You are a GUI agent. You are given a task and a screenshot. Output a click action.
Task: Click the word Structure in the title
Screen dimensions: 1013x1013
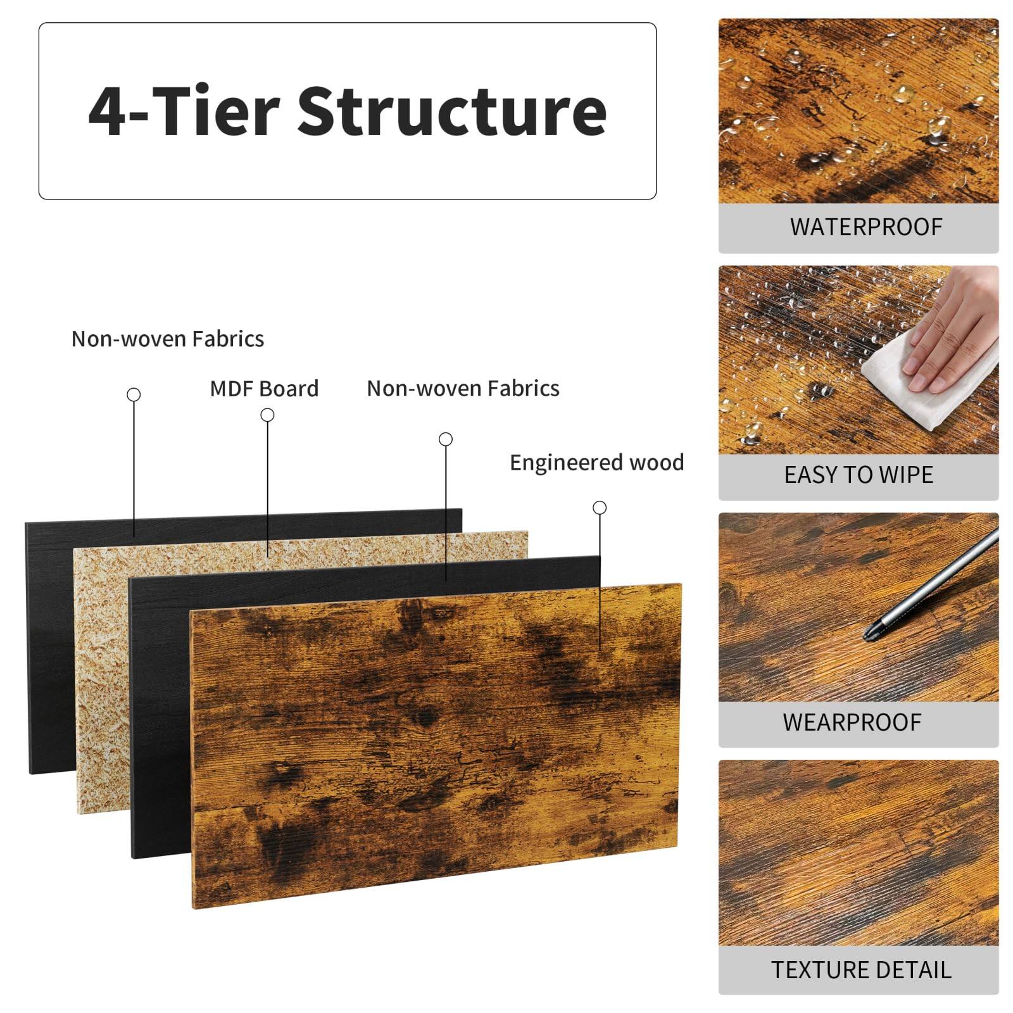452,111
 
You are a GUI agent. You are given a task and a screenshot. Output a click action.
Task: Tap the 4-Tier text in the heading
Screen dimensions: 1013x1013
184,111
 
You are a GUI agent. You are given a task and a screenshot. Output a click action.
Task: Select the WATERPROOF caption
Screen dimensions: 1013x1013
865,227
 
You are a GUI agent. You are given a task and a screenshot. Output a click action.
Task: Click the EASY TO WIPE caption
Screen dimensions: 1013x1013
858,475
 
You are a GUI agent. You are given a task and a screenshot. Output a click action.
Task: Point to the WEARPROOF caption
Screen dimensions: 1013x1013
852,722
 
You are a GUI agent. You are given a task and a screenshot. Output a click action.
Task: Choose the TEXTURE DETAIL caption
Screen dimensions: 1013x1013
860,970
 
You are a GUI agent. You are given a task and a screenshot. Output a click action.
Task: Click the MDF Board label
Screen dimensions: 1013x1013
264,389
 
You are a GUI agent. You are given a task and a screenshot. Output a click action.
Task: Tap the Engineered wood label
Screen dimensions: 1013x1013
596,463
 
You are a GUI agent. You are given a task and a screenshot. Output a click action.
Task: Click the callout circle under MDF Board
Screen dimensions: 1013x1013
267,415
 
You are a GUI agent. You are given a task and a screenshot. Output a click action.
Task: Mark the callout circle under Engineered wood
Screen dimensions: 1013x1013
600,508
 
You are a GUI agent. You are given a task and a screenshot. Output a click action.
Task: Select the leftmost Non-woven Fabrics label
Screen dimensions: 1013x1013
167,339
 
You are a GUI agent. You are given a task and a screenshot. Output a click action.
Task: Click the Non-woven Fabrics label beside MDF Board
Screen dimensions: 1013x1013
463,389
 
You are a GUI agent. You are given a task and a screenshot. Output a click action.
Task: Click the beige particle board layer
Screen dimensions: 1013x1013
101,665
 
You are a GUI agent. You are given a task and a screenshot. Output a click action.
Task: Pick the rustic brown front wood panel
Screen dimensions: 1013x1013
437,741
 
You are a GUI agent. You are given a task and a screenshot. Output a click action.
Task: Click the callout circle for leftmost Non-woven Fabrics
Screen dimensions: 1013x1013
134,394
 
